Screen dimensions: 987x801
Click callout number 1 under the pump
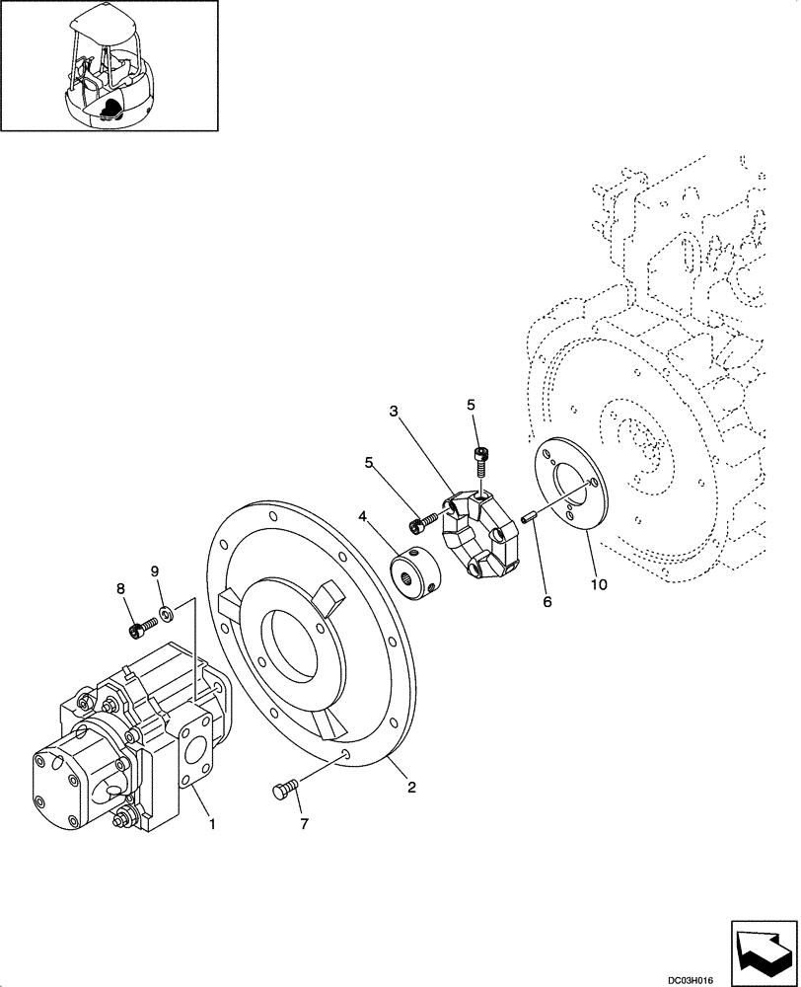[x=209, y=818]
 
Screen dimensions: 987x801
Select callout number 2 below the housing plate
[x=411, y=787]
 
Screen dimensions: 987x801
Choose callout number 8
[x=121, y=588]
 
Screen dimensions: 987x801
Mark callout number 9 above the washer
[x=155, y=571]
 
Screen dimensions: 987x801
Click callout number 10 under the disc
[x=599, y=584]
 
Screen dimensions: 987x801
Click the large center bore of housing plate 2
[x=297, y=651]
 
